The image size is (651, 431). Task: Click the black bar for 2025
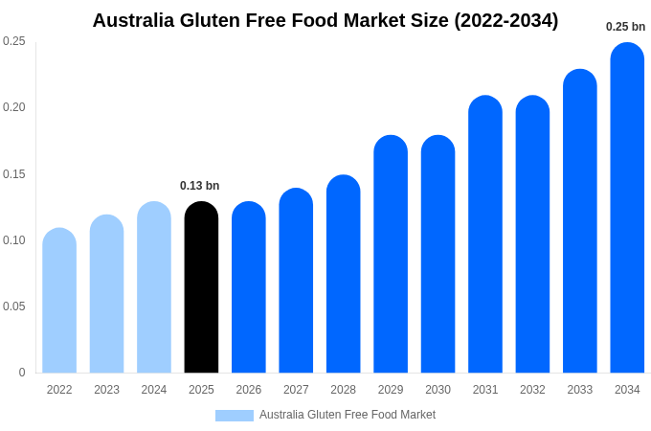[x=201, y=287]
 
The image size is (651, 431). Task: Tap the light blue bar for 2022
[x=59, y=301]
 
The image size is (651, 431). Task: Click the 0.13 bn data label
[x=199, y=186]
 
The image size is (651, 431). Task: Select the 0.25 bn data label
[x=625, y=27]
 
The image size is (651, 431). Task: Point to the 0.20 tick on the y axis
[x=14, y=107]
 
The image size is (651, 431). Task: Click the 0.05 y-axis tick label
[x=14, y=306]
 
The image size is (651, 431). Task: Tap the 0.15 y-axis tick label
[x=14, y=174]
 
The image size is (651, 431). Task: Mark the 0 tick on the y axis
[x=22, y=373]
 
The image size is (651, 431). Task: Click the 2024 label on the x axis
[x=154, y=390]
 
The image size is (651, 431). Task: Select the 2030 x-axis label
[x=438, y=390]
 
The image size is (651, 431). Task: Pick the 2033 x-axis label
[x=579, y=390]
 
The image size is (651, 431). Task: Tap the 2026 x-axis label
[x=249, y=390]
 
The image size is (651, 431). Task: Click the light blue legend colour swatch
[x=235, y=416]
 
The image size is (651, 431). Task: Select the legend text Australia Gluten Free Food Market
[x=348, y=415]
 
